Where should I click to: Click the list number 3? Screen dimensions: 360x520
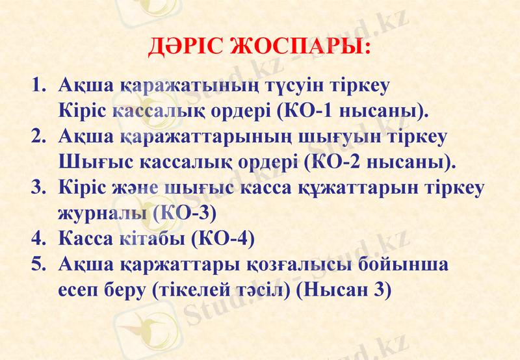tap(40, 187)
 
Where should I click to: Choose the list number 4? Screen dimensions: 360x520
tap(40, 238)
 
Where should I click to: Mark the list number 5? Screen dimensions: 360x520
tap(40, 264)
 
